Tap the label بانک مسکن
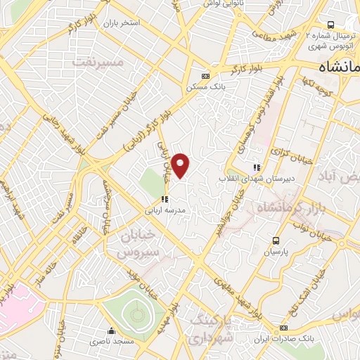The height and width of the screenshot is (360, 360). tap(205, 87)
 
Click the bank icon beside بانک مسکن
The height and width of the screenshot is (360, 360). tap(205, 76)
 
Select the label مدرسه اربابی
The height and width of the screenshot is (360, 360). tap(165, 210)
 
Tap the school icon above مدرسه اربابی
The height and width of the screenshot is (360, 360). tap(165, 199)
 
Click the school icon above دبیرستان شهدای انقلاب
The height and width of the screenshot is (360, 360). tap(257, 167)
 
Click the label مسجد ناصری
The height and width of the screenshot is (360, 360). tap(108, 342)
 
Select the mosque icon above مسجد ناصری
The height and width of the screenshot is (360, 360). tap(110, 330)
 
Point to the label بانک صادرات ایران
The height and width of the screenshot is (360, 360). tap(283, 339)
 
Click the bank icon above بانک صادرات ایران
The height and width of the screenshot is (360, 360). tap(283, 328)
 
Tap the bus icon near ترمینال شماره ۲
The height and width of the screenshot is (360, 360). tap(331, 25)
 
